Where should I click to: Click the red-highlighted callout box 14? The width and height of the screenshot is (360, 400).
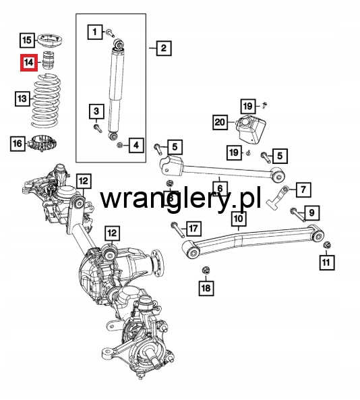tap(29, 62)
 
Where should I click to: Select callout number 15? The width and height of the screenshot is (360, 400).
tap(27, 40)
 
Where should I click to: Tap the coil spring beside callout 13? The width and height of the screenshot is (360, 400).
tap(46, 101)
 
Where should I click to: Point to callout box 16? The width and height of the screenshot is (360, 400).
tap(18, 144)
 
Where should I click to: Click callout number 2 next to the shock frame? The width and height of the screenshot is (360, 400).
tap(163, 48)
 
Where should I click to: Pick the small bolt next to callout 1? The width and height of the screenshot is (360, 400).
tap(110, 32)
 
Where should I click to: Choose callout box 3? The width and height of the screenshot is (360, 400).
tap(96, 111)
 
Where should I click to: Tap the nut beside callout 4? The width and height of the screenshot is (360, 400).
tap(119, 145)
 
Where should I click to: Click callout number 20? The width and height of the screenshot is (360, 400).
tap(220, 122)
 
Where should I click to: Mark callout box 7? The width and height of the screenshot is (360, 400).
tap(303, 190)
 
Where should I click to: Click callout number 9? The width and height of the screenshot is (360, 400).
tap(311, 212)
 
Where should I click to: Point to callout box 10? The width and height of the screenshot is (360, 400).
tap(239, 219)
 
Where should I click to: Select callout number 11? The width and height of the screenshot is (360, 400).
tap(326, 262)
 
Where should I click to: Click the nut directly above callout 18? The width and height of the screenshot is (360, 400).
tap(206, 270)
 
